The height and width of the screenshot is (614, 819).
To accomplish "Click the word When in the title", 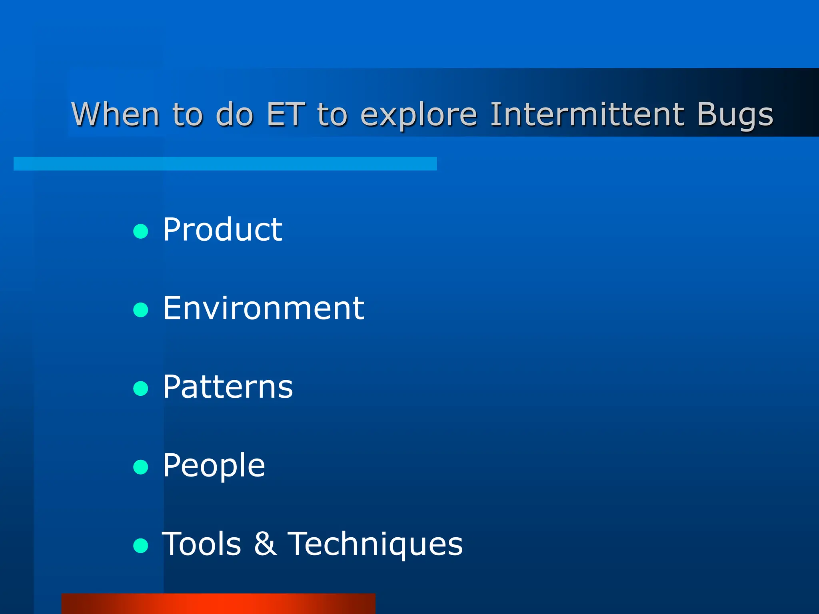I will click(x=116, y=114).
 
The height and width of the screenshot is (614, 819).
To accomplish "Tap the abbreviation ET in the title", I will click(x=286, y=114).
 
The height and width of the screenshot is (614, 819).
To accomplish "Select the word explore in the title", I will click(x=419, y=115).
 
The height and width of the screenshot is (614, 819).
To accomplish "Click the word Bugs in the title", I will click(x=735, y=115).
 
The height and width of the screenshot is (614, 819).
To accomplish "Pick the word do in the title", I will click(x=234, y=114).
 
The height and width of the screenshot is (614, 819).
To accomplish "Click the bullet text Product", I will click(x=222, y=229).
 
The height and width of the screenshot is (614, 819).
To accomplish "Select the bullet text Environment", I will click(x=263, y=308).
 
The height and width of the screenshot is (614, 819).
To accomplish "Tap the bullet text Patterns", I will click(x=228, y=387).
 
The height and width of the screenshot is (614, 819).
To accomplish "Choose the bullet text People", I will click(x=214, y=466).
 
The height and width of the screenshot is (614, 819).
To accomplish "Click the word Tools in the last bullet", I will click(x=202, y=544).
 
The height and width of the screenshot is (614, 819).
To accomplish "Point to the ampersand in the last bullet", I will click(x=265, y=544).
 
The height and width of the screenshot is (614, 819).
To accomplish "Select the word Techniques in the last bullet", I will click(x=375, y=544).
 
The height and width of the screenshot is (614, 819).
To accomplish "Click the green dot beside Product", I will click(x=141, y=231).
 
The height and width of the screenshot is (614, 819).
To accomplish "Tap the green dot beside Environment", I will click(x=141, y=310).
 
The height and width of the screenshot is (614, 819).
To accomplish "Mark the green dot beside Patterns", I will click(x=141, y=388).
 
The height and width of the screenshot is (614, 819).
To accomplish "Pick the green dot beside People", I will click(x=141, y=466).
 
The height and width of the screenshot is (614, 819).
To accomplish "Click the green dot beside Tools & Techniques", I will click(x=141, y=545).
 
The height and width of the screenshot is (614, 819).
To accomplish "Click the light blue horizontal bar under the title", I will click(x=225, y=163).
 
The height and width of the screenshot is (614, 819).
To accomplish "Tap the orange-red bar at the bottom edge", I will click(x=218, y=604).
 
